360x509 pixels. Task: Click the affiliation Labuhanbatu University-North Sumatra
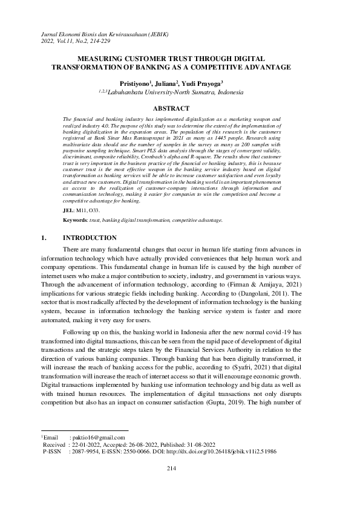[175, 92]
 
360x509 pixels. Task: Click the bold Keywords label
[76, 221]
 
